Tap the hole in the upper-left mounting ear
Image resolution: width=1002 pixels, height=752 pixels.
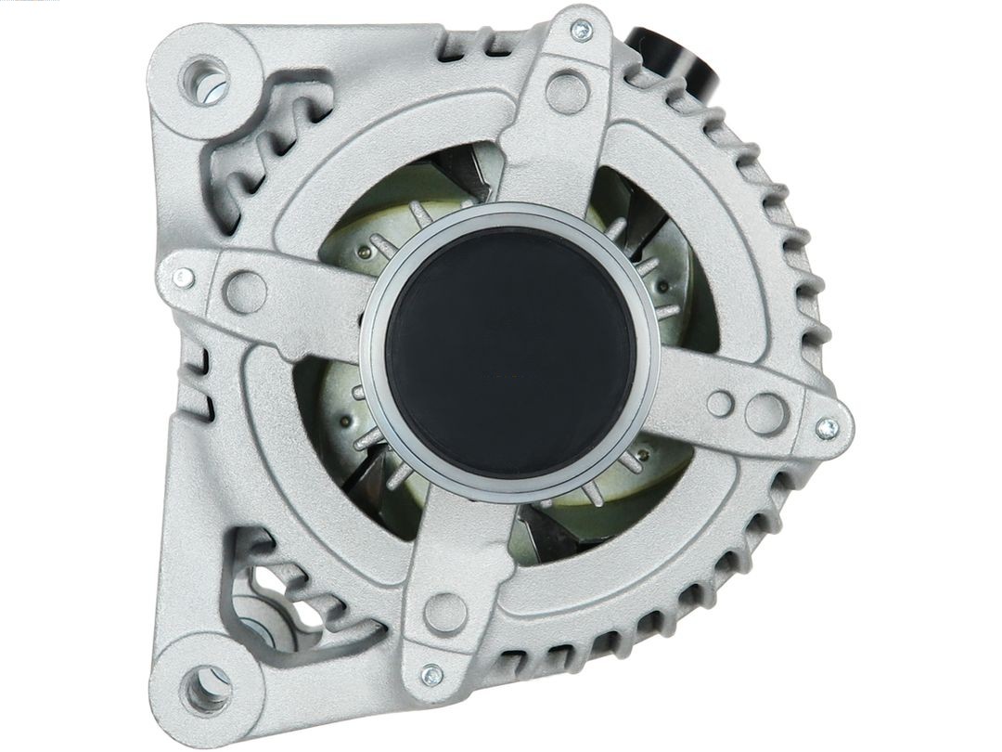coord(206,79)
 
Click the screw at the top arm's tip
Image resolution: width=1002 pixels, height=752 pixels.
coord(581,31)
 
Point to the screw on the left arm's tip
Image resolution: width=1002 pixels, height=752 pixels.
coord(183,278)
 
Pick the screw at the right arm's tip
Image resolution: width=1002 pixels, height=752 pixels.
coord(826,428)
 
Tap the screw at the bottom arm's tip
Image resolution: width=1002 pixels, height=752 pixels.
coord(431,675)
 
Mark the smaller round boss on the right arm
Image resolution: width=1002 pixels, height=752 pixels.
coord(720,403)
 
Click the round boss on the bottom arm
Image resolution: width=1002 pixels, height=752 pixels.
coord(445,613)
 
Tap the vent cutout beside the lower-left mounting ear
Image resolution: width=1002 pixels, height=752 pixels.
coord(269,585)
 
